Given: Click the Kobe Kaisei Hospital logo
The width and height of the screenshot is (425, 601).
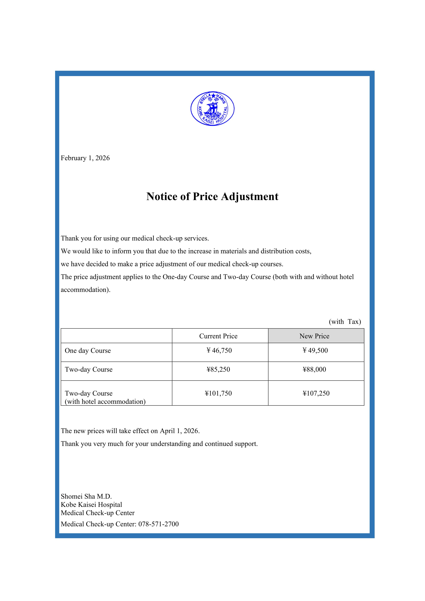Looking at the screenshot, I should coord(212,108).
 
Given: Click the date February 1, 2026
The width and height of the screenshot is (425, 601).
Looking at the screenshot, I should coord(85,158).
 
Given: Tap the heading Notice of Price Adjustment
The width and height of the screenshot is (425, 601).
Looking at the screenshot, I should coord(212,197).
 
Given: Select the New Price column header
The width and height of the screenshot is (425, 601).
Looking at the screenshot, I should coord(314,336).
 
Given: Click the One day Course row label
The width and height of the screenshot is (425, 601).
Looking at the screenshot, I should coord(88,351).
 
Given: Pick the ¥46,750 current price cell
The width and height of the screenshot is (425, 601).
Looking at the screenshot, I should coord(219,351).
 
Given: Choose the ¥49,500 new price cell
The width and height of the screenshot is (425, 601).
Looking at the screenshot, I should coord(315,351).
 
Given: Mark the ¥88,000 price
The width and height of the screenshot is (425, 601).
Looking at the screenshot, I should coord(314,370).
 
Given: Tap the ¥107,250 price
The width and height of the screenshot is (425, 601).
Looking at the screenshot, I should coord(316,393).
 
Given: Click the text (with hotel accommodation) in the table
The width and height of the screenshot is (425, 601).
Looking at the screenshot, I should coord(105,402).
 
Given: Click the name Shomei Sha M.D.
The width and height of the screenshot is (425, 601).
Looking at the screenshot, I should coord(86,496).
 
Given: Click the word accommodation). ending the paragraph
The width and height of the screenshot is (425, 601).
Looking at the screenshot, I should coord(86,290).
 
